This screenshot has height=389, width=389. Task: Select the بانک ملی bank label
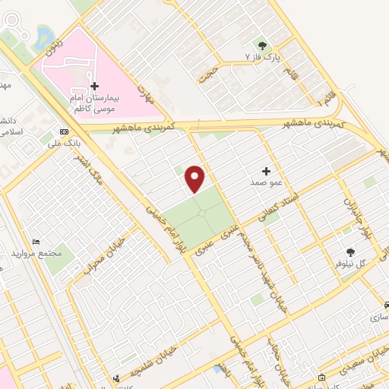pos(64,142)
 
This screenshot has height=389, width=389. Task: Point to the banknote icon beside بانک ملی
pos(64,130)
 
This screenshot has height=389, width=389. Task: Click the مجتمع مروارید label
pos(36,252)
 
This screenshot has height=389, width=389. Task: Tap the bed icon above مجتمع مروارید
pos(36,241)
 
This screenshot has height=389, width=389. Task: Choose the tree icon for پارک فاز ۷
pos(262,45)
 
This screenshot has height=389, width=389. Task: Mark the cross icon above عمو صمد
pos(266,172)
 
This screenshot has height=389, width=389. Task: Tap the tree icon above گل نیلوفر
pos(351,251)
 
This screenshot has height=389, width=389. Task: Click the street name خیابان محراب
pos(100,258)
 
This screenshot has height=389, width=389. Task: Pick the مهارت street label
pos(146,94)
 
